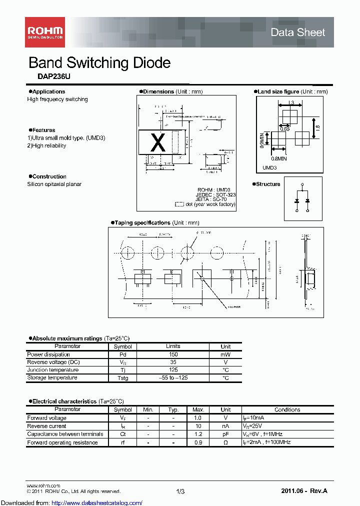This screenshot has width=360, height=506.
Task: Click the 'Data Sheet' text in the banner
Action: pos(297,32)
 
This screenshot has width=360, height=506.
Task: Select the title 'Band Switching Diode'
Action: pos(99,63)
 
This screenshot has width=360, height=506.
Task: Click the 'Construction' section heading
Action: pos(49,176)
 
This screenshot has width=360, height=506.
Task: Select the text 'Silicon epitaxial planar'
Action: pos(54,184)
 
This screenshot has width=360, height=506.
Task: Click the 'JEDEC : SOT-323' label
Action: pos(215,194)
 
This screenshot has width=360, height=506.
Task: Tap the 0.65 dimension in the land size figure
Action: pos(284,129)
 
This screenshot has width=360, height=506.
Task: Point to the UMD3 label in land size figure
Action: pos(269,168)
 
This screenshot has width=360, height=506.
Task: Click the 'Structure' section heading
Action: pos(268,184)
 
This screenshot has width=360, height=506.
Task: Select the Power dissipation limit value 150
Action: pos(172,354)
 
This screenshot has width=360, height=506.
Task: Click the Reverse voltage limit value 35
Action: pos(172,362)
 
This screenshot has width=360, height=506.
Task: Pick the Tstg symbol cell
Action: pos(122,378)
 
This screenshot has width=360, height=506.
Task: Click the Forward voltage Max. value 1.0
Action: pos(198,417)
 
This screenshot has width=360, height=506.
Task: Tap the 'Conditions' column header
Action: pos(287,409)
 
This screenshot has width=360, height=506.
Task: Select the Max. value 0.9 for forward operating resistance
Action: pos(198,442)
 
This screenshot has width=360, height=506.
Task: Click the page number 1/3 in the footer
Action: pos(180,491)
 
